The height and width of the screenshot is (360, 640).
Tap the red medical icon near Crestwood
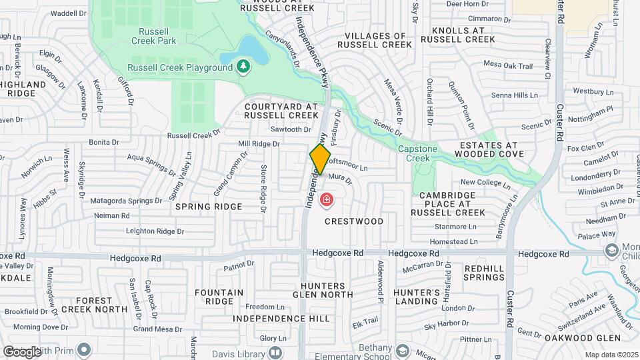click(x=327, y=199)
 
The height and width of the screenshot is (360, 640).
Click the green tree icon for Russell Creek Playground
click(x=245, y=66)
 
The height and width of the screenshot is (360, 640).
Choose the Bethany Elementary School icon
click(x=402, y=351)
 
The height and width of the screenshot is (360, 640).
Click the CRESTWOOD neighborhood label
click(x=354, y=221)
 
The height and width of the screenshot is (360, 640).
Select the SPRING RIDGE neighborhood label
click(x=208, y=207)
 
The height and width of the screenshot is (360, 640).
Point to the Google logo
click(x=21, y=351)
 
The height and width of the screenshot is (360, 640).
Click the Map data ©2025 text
click(x=611, y=355)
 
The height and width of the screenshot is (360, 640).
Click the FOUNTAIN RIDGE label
click(x=219, y=297)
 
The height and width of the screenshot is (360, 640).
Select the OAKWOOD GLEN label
click(x=587, y=337)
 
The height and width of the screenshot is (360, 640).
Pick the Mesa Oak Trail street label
click(x=508, y=66)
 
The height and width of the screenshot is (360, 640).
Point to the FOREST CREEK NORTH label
click(x=93, y=305)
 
